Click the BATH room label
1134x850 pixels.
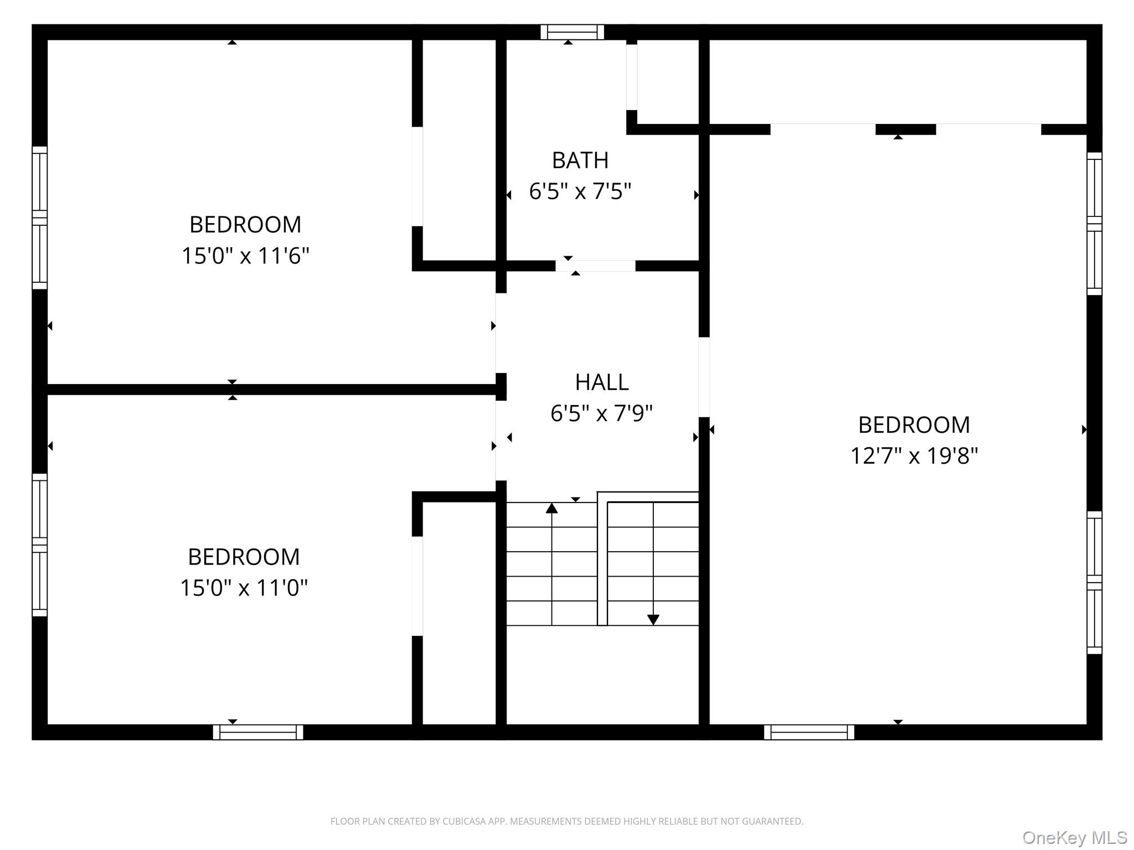[x=580, y=160]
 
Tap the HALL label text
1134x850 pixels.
[x=601, y=382]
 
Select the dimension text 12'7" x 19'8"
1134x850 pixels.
[x=914, y=456]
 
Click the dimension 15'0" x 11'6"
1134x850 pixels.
[x=245, y=256]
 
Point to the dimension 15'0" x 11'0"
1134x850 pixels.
[x=244, y=587]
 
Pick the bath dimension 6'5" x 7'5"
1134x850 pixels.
[x=580, y=191]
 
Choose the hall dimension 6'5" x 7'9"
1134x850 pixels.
[x=601, y=413]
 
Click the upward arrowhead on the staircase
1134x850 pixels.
[x=551, y=508]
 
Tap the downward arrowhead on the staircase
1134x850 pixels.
[x=653, y=620]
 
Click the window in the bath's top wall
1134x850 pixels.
[x=572, y=32]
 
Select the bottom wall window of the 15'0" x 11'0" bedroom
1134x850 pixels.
[x=258, y=732]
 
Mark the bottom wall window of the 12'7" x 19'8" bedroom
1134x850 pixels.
[x=808, y=732]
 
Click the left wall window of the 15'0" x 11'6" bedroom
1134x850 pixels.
[x=39, y=217]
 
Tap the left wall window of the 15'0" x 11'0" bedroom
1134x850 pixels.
[x=39, y=545]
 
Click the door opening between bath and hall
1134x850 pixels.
[x=595, y=266]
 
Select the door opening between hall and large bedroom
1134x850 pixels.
[x=704, y=377]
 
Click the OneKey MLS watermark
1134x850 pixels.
[x=1075, y=838]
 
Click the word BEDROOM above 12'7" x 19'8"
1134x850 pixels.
[x=914, y=425]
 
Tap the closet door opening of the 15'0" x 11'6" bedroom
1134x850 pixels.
[x=417, y=177]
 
